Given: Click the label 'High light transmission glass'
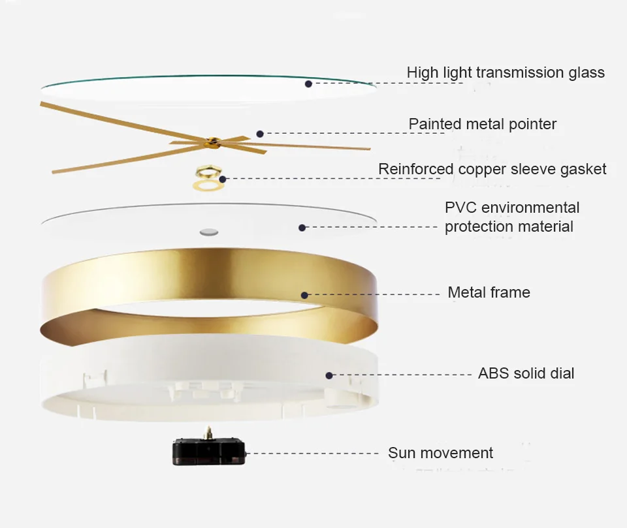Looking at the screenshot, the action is click(x=506, y=72).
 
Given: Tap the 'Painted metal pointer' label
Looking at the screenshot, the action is click(x=483, y=124).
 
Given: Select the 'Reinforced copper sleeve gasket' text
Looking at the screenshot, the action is click(x=492, y=170).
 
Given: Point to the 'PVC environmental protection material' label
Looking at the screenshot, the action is click(x=511, y=217).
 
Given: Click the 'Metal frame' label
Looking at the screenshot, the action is click(x=489, y=293).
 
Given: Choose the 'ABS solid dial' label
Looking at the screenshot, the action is click(x=526, y=374).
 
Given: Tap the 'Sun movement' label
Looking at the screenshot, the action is click(x=440, y=453).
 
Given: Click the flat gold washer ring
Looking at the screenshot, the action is click(x=208, y=186).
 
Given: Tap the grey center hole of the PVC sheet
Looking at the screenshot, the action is click(x=210, y=231).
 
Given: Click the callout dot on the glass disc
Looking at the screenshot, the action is click(x=308, y=84).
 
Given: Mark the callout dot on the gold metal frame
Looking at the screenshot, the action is click(x=304, y=295).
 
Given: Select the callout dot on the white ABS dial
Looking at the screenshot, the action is click(x=329, y=375).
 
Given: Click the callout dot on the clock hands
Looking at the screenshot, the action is click(x=260, y=133).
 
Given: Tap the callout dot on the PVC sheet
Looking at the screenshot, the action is click(x=302, y=227).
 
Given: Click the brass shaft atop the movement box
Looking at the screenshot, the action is click(x=209, y=431).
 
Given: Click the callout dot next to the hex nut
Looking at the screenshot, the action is click(x=223, y=178).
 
